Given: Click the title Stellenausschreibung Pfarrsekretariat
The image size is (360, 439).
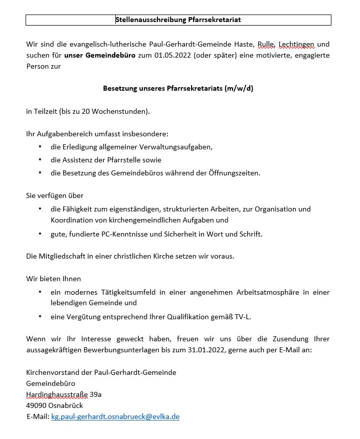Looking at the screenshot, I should pos(178,20).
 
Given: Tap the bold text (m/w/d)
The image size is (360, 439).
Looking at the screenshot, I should pos(240,89).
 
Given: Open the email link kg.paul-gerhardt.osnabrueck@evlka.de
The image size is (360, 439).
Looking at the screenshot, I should pos(115,416).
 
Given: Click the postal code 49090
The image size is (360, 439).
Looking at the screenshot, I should pos(37,405).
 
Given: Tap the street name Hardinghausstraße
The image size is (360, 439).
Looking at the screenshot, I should pos(57,394).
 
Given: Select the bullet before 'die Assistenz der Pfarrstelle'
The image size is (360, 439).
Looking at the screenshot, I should pos(40,160).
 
